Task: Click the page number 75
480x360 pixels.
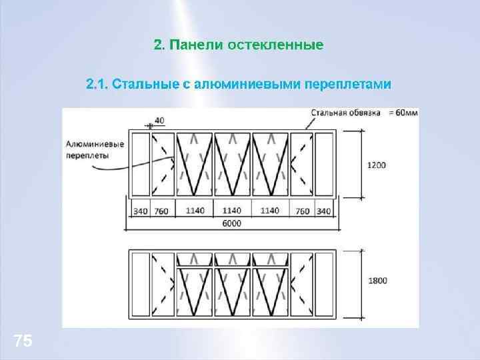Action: [23, 341]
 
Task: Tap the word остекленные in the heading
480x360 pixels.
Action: [275, 45]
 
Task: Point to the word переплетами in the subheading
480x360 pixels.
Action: [347, 85]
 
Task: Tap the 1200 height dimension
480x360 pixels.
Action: [377, 164]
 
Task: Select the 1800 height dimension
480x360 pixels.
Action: [377, 281]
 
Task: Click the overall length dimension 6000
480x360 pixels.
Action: [232, 223]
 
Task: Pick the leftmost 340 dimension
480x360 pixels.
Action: [140, 211]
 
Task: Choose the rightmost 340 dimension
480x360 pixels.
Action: [323, 211]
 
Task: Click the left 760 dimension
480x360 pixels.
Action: [161, 211]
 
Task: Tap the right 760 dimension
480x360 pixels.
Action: [302, 211]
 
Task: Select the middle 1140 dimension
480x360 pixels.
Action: [232, 211]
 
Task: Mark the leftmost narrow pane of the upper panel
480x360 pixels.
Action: [140, 165]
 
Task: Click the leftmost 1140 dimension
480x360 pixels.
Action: [195, 211]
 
